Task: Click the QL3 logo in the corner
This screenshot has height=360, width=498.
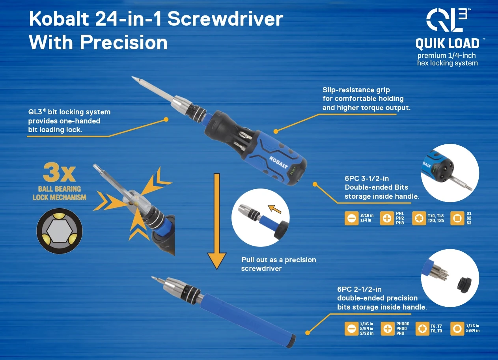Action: [x=447, y=20]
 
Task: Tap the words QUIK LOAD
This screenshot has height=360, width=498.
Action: [x=447, y=44]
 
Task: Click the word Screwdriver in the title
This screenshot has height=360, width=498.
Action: [x=225, y=19]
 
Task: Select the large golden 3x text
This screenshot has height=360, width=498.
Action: [x=59, y=172]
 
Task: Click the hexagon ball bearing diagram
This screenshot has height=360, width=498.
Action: [x=60, y=231]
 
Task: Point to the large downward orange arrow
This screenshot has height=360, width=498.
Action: [x=217, y=222]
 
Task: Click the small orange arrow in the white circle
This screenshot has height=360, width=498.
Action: [x=274, y=209]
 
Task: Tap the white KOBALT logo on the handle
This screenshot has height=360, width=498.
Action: [x=278, y=162]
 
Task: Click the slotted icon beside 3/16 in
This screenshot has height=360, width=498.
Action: [x=351, y=218]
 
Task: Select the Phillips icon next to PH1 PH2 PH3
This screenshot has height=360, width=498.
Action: [x=387, y=218]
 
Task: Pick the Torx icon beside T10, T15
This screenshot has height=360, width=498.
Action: [x=419, y=218]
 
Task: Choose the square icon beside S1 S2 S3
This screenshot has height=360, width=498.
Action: [x=457, y=218]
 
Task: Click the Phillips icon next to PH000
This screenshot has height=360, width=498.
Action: [x=388, y=328]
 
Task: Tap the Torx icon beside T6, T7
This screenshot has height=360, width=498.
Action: [x=422, y=328]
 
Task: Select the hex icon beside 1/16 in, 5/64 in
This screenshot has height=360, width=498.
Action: [x=457, y=328]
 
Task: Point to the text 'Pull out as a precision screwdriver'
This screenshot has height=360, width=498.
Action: [x=278, y=264]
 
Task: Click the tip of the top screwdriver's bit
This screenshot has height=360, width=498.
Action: [x=132, y=77]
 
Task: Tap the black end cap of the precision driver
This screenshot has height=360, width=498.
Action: [x=291, y=341]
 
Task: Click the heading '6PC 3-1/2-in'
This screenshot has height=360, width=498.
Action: [x=367, y=179]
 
